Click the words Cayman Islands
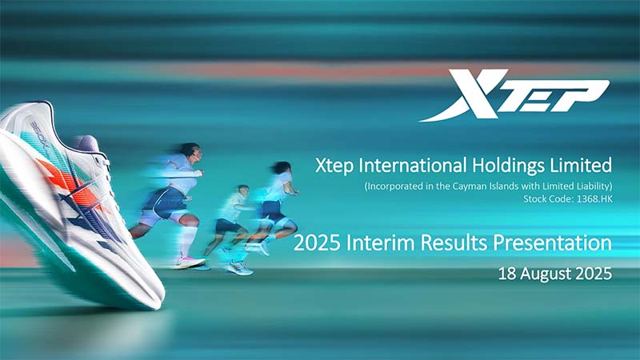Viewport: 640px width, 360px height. [x=466, y=187]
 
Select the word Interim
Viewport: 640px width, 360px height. [x=371, y=242]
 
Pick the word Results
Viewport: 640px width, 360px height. [x=440, y=242]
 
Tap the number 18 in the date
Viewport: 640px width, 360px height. [x=506, y=273]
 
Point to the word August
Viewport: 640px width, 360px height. [x=546, y=273]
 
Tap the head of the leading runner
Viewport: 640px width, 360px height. [x=187, y=151]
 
